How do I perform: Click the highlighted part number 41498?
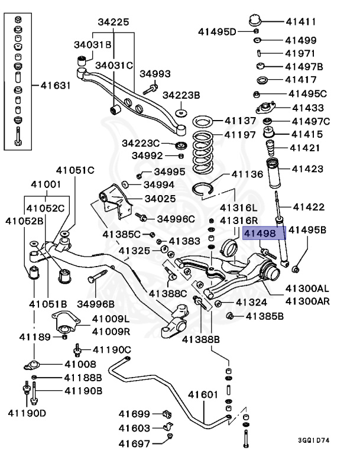(265, 234)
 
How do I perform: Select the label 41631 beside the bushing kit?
(56, 85)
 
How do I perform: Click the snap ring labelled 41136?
(205, 189)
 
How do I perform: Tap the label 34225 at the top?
(113, 22)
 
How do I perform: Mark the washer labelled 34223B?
(181, 112)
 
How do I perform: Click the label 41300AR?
(307, 301)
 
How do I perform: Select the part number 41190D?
(27, 411)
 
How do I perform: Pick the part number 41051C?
(75, 171)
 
